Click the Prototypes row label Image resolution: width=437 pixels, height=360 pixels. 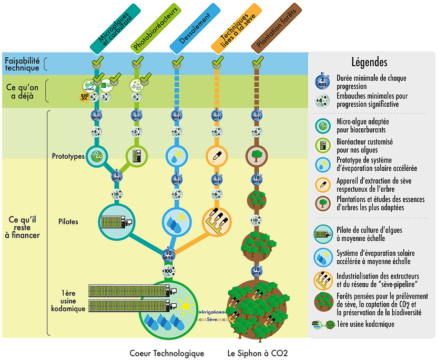click(68, 156)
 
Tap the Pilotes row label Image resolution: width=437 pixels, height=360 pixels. click(68, 222)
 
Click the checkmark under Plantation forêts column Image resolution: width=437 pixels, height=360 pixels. click(257, 63)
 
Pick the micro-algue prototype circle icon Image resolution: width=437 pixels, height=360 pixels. click(96, 156)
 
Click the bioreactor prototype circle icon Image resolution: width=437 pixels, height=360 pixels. click(137, 156)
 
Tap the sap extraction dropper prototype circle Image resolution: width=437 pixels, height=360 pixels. click(215, 156)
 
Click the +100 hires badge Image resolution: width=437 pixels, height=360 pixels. click(168, 272)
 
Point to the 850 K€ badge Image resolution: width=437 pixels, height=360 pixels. click(84, 97)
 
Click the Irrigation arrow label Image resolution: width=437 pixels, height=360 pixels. click(211, 312)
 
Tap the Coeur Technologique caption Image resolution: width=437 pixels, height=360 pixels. click(167, 353)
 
